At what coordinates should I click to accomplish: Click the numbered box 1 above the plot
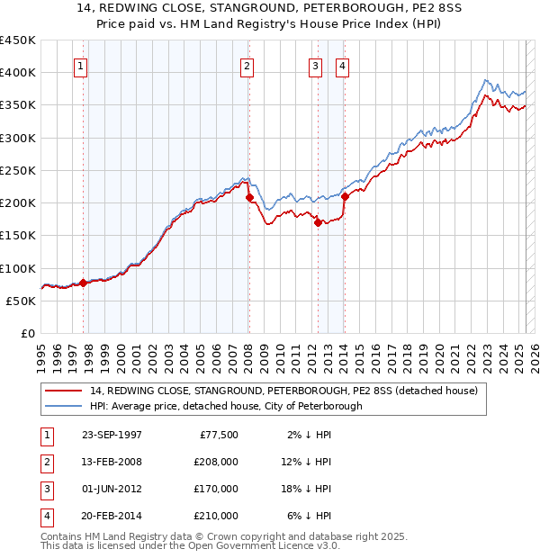tap(81, 65)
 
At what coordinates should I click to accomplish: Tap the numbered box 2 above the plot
tap(247, 65)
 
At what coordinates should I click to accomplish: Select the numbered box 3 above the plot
tap(316, 65)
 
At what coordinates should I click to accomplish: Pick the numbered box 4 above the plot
tap(343, 65)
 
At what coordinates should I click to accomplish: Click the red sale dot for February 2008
tap(249, 198)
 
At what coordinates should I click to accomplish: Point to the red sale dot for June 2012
tap(318, 223)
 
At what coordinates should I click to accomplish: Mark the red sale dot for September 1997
tap(84, 283)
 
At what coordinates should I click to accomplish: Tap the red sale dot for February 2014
tap(345, 197)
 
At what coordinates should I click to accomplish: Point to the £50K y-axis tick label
tap(21, 301)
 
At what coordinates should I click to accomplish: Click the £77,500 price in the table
tap(219, 435)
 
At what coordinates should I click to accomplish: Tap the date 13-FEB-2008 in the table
tap(112, 462)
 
